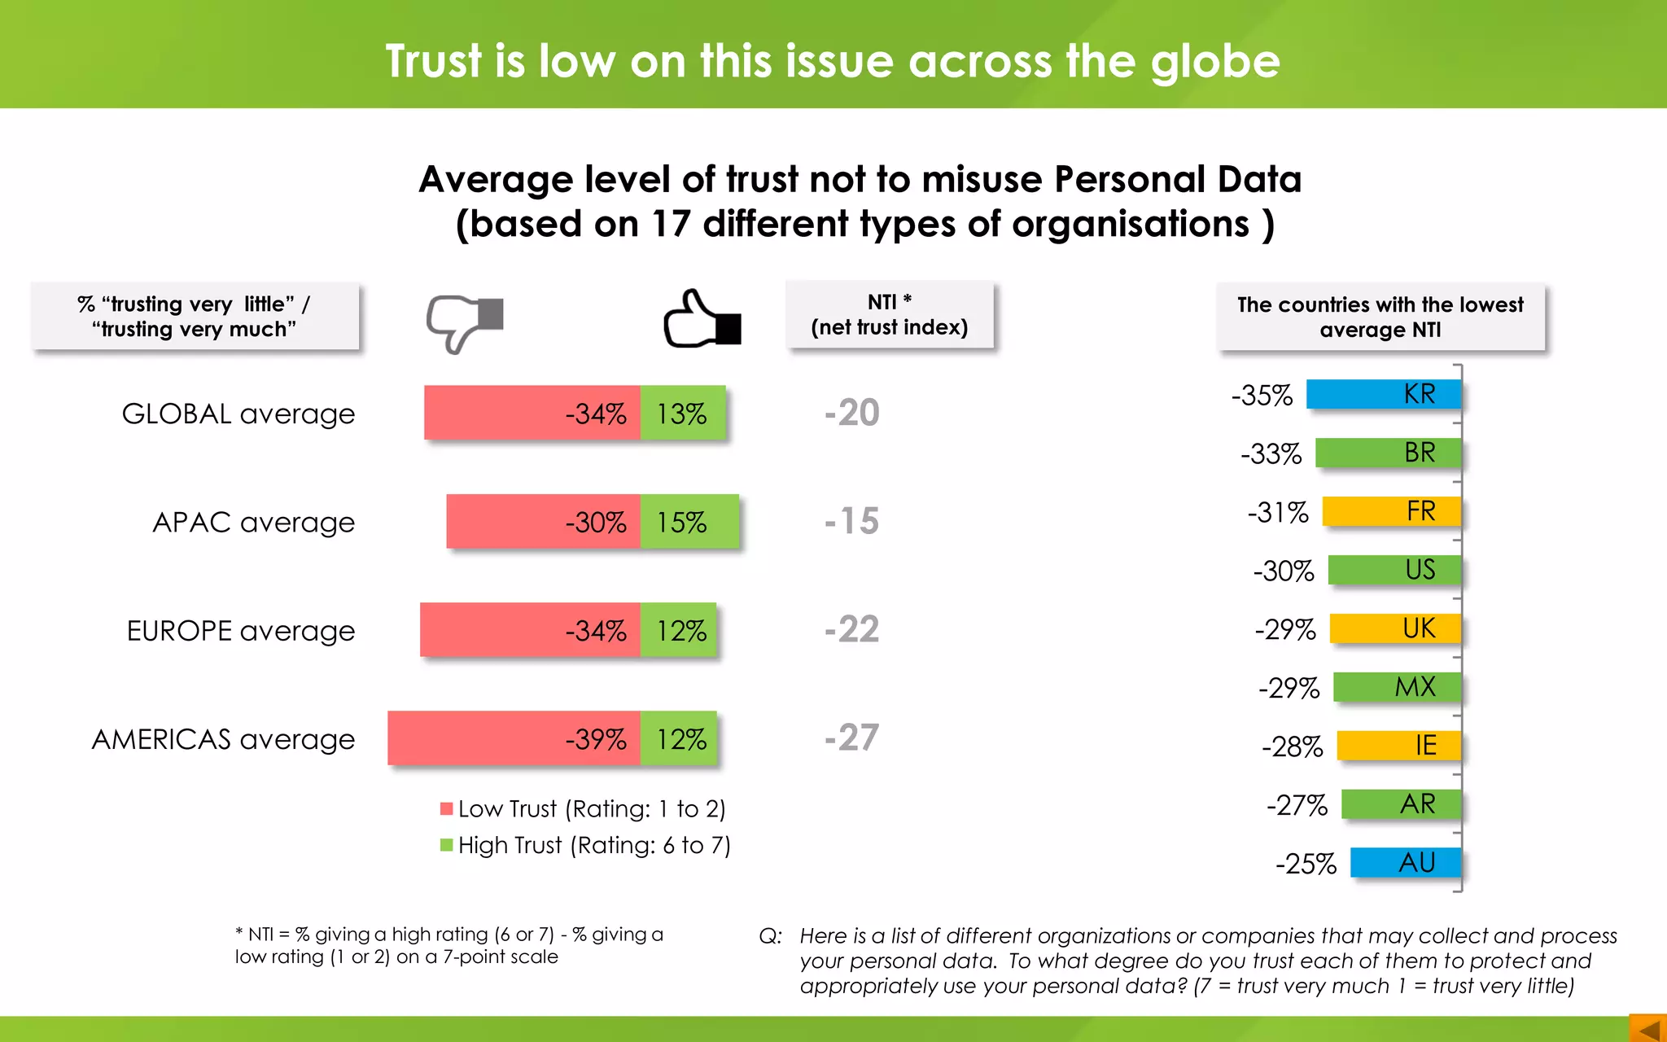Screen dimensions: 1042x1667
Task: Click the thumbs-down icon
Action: pos(463,322)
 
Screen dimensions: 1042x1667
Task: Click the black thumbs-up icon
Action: pos(701,320)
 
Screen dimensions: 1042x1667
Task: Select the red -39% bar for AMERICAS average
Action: pos(514,738)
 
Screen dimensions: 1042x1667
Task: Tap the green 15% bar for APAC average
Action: pos(689,521)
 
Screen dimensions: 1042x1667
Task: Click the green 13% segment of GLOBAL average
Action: pos(682,413)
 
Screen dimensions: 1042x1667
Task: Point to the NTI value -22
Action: pos(851,629)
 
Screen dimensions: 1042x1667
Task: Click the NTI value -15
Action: pos(851,521)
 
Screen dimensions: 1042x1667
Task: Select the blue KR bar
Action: pos(1383,394)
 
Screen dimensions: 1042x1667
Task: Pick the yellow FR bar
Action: pos(1391,511)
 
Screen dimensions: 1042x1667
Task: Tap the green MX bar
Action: pos(1397,687)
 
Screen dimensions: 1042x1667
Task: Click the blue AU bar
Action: pos(1405,863)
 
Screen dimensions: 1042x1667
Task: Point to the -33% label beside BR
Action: pos(1271,453)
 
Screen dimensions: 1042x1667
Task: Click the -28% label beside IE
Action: pos(1292,746)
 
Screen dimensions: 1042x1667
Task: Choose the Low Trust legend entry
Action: pos(583,808)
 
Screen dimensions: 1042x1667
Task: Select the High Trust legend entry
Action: pos(585,845)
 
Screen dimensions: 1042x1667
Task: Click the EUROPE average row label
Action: pos(241,631)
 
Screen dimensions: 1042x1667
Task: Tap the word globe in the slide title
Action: pos(1214,62)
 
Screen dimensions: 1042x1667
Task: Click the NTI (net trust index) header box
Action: pos(889,315)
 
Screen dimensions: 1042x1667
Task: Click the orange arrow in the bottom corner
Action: pos(1648,1029)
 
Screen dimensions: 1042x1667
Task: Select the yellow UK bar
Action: pos(1395,628)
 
